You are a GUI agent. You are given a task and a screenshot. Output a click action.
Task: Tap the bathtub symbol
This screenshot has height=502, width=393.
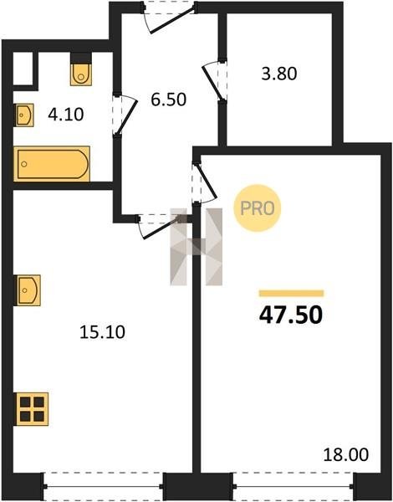click(52, 164)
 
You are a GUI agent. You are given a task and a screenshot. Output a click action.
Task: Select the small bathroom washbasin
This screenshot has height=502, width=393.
click(24, 115)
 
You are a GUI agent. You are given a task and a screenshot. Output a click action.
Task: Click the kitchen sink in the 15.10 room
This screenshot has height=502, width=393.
click(28, 290)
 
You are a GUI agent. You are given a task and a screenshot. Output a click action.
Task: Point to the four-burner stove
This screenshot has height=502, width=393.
click(32, 409)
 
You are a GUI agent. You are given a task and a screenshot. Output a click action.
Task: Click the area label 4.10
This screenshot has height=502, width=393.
click(66, 115)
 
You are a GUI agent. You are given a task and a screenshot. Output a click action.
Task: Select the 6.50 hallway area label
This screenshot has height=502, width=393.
click(169, 100)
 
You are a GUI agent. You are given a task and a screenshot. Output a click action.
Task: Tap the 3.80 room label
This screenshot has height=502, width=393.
click(279, 74)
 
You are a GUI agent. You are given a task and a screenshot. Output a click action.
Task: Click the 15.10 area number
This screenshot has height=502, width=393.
click(102, 332)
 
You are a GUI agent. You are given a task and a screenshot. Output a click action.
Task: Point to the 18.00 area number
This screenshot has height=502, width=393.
click(346, 454)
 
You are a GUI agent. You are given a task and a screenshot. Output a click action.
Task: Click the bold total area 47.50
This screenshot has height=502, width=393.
click(291, 315)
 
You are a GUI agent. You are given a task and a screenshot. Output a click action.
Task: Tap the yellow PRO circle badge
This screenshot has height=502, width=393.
click(257, 208)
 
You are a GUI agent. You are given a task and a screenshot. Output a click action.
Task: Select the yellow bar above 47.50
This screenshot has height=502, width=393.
click(291, 294)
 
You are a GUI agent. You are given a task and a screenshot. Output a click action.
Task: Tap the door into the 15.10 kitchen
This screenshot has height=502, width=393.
click(159, 228)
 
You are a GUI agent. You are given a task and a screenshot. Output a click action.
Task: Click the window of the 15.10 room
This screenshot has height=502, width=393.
click(103, 487)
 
